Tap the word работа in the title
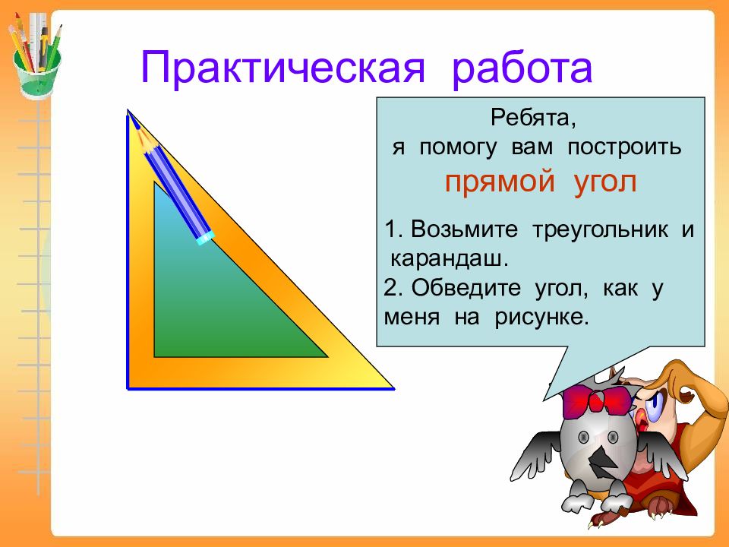(x=522, y=69)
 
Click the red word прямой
(x=500, y=182)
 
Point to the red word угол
(x=605, y=182)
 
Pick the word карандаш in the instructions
(x=449, y=258)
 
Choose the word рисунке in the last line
(x=541, y=318)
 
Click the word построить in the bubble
(x=624, y=148)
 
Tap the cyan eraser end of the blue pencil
(x=205, y=238)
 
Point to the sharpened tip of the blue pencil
(x=132, y=116)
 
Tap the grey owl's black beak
(x=602, y=461)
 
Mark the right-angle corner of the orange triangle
(x=128, y=388)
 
